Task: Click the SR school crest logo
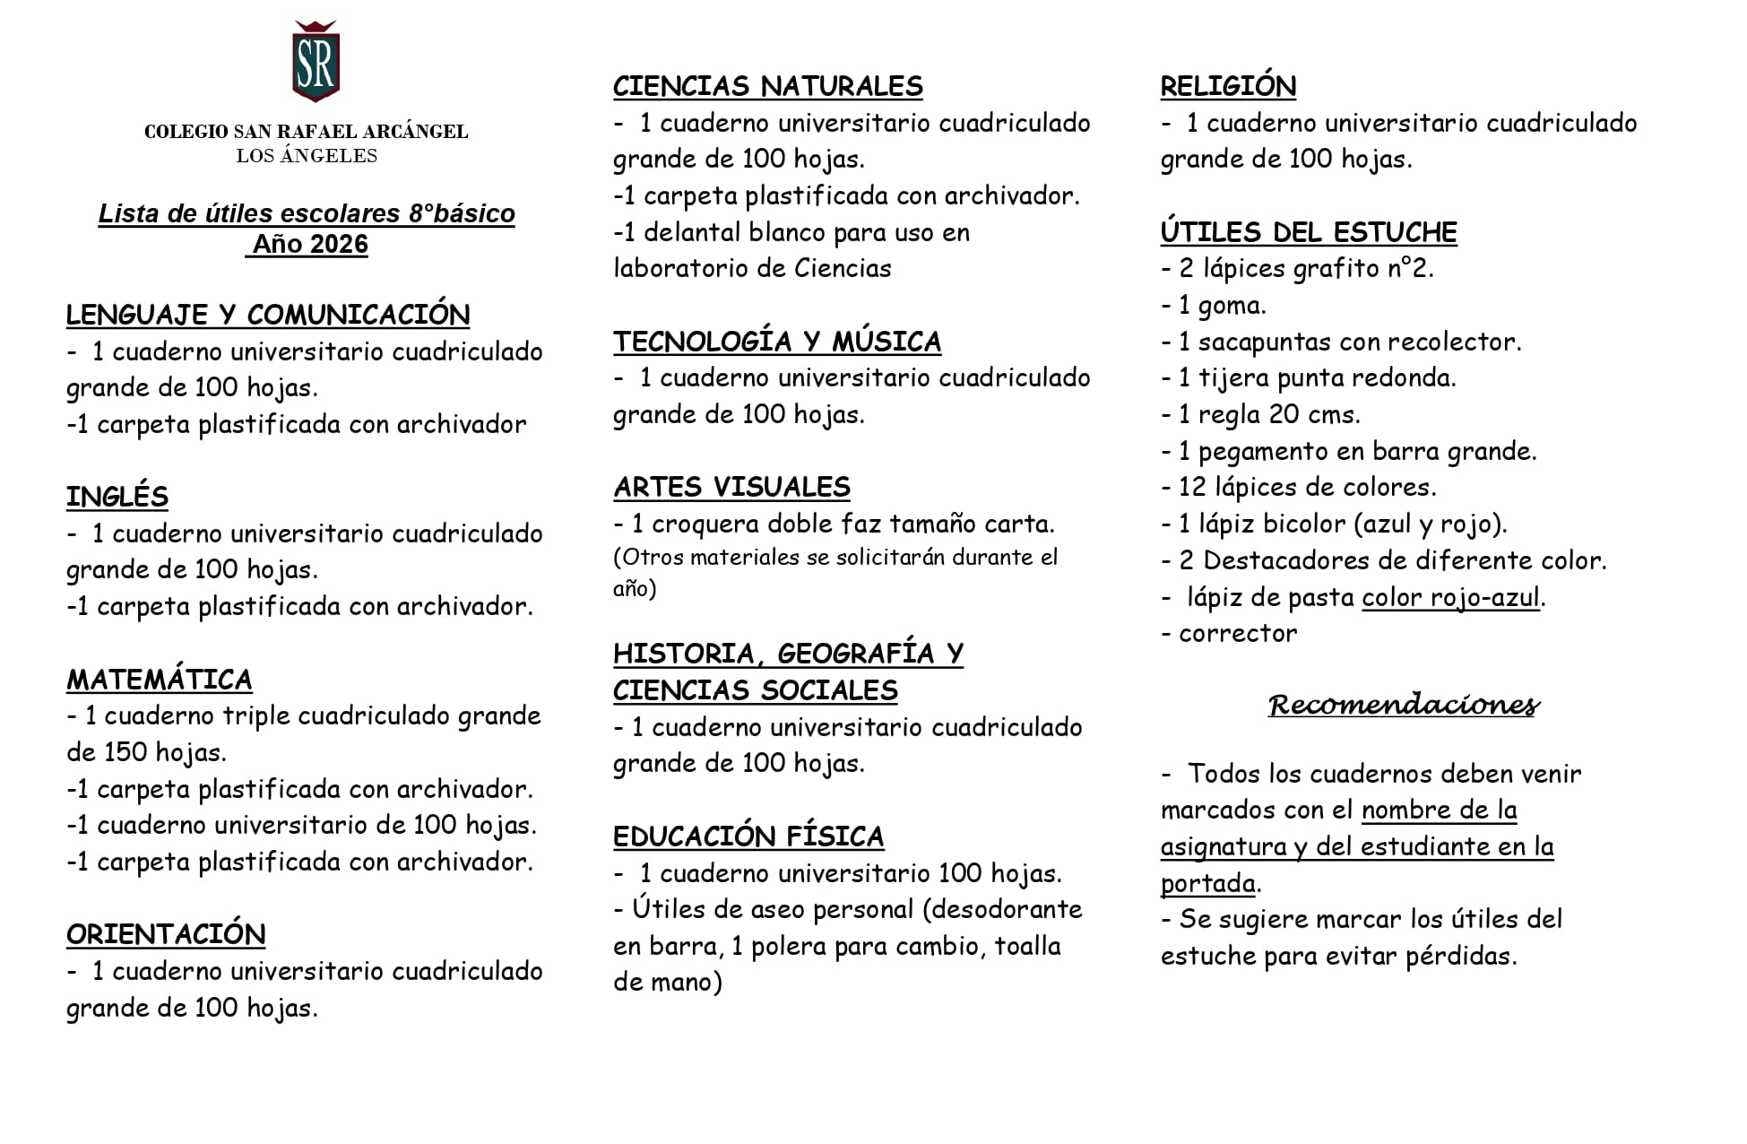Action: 316,62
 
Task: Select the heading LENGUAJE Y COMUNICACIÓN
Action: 267,315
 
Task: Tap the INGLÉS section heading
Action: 117,497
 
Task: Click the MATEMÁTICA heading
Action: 159,680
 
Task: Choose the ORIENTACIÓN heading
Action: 166,934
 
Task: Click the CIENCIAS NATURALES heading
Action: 767,86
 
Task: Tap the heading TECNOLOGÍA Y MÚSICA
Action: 776,342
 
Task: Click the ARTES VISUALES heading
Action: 731,487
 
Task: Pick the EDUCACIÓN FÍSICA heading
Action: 748,836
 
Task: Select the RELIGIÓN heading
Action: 1227,86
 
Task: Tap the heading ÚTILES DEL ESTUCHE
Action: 1308,232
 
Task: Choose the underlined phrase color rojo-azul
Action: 1449,597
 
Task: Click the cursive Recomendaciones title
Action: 1403,705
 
